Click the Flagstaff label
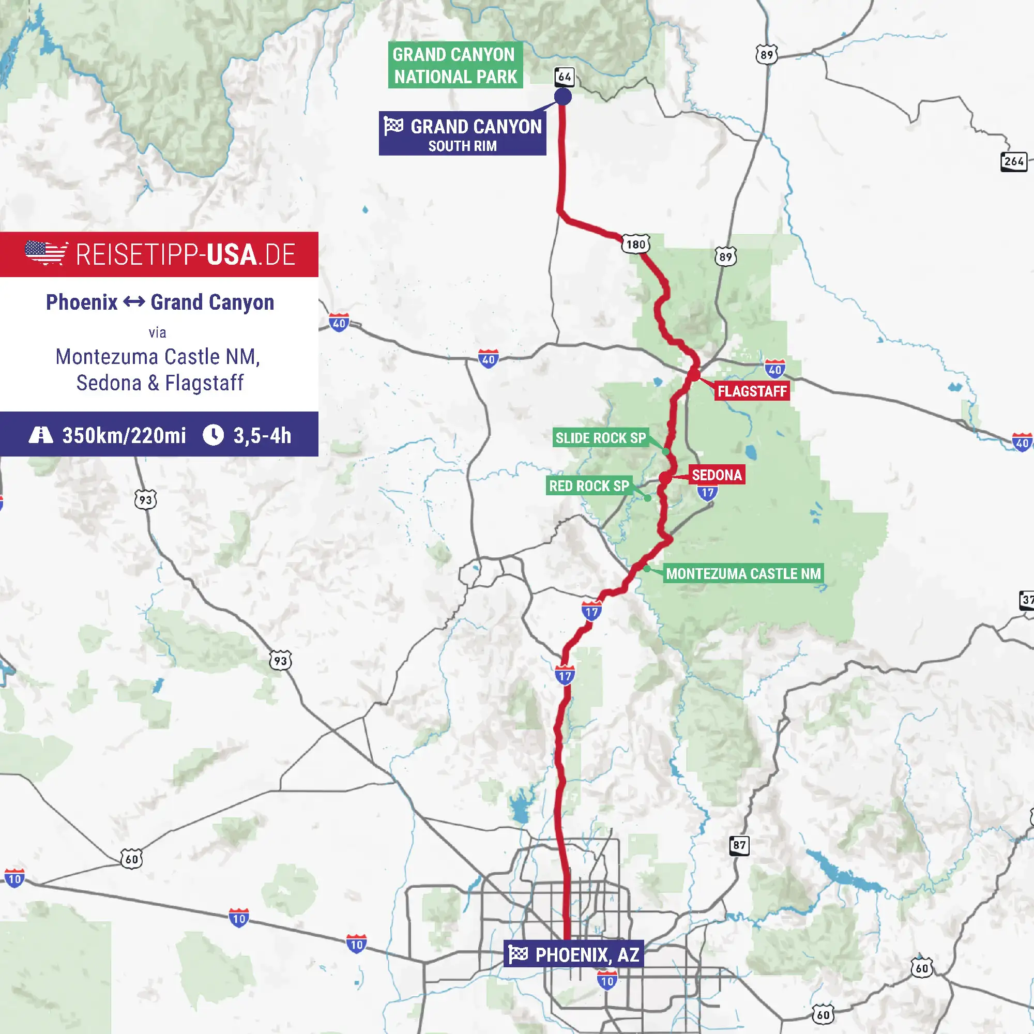[x=752, y=391]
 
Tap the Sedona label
[x=717, y=475]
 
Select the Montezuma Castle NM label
[x=743, y=574]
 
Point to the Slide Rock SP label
[x=600, y=438]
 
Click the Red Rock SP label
[x=589, y=486]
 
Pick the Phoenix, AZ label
[x=587, y=955]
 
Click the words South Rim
[x=462, y=146]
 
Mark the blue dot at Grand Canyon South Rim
[x=562, y=96]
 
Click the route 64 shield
[x=564, y=77]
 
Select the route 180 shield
[x=635, y=245]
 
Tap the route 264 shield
[x=1014, y=161]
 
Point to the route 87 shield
[x=739, y=846]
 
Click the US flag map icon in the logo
[x=46, y=253]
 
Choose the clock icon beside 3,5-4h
[x=213, y=435]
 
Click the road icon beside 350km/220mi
[x=41, y=435]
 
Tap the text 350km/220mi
[x=124, y=436]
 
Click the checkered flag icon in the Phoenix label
[x=518, y=954]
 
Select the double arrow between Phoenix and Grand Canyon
[x=134, y=302]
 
